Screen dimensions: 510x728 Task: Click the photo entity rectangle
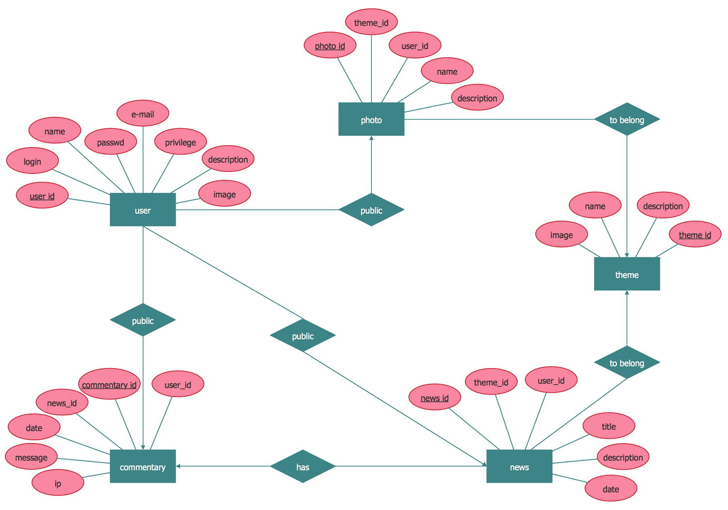point(371,119)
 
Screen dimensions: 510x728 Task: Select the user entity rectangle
point(143,210)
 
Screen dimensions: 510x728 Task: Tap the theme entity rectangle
point(627,274)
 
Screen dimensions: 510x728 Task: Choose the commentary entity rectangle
point(143,466)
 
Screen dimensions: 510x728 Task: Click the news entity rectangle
point(519,466)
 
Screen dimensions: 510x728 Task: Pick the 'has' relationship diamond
point(303,466)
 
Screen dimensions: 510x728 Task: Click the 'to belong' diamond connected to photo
point(627,119)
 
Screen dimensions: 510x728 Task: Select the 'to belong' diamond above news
point(627,362)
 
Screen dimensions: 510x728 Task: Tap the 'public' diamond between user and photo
point(371,210)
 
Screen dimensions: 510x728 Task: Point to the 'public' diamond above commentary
point(143,320)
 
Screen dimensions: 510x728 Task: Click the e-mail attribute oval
point(143,114)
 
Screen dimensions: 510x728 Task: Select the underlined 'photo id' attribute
point(330,46)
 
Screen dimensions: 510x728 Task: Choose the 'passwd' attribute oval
point(111,142)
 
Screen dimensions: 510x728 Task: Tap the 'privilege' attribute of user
point(181,142)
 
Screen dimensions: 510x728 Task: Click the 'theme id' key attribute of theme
point(695,235)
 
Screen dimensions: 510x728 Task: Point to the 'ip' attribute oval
point(58,483)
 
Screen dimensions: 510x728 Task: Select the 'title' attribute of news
point(609,426)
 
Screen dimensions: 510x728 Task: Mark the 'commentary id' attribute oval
point(109,384)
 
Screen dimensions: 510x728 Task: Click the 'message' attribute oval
point(32,457)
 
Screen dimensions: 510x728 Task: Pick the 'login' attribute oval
point(33,161)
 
